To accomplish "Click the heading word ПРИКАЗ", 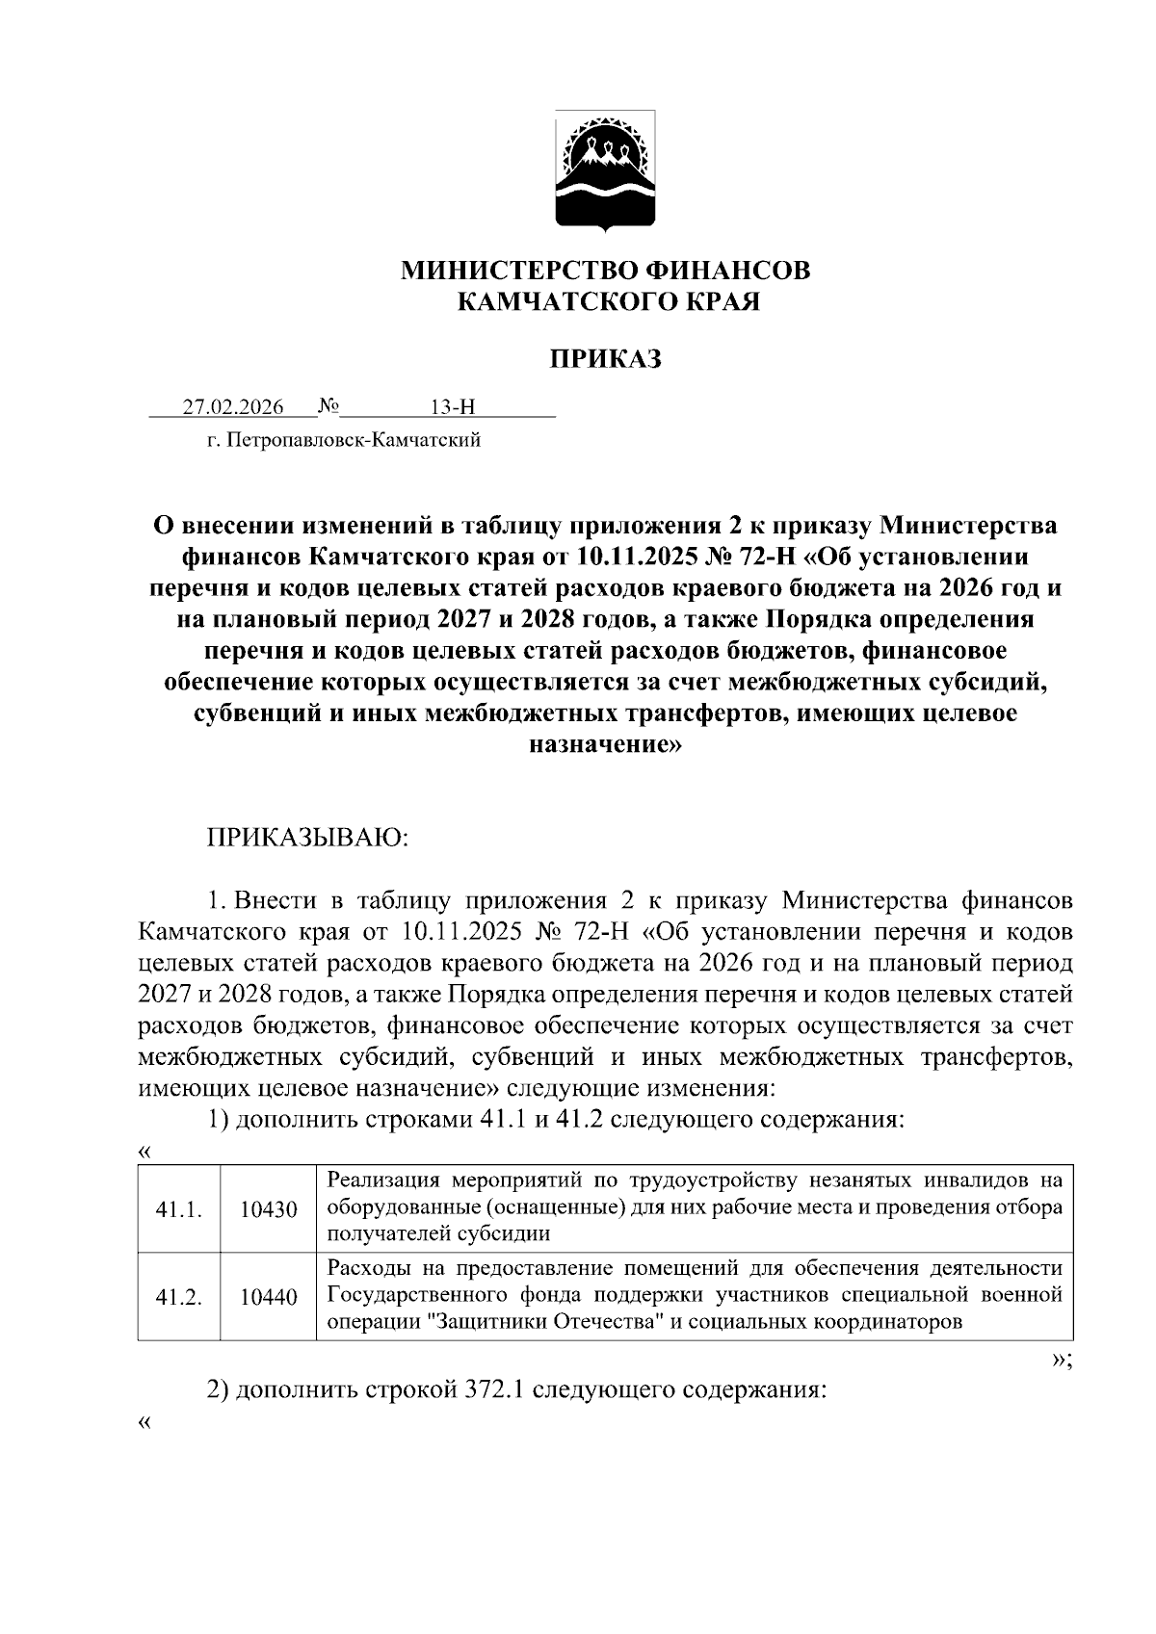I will tap(605, 359).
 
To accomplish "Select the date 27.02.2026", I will tap(234, 407).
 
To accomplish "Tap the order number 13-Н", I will tap(453, 407).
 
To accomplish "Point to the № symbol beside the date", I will tap(328, 406).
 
